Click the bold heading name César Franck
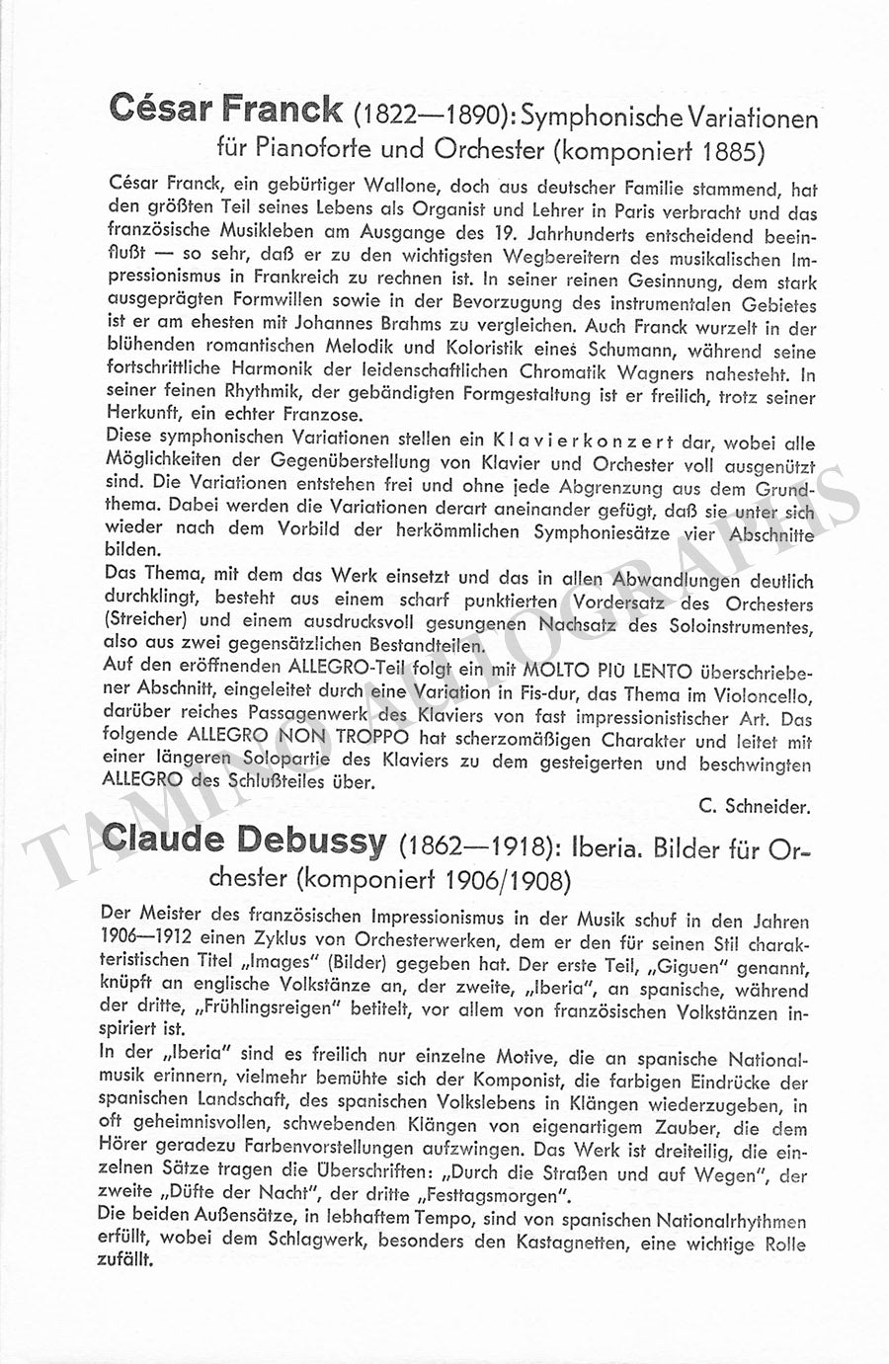[x=226, y=109]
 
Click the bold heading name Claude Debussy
[x=245, y=841]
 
